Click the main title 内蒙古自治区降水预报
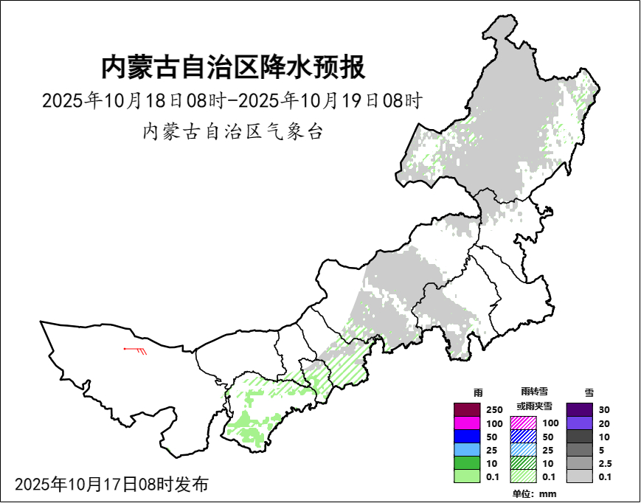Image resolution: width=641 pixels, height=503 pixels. [x=232, y=68]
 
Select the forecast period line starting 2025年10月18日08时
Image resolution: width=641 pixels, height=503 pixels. [x=232, y=100]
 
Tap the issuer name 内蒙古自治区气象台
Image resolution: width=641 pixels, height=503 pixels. [x=232, y=132]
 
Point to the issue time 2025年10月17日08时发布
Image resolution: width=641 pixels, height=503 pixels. [x=111, y=485]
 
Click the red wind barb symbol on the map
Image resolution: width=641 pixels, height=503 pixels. [x=136, y=350]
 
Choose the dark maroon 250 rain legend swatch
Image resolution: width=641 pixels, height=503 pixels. [x=467, y=409]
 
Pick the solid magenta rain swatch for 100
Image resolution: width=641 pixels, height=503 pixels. [x=467, y=423]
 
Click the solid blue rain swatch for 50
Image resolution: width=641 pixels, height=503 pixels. [x=467, y=437]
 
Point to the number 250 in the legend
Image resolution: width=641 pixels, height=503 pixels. [x=494, y=410]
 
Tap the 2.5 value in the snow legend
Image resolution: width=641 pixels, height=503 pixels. [x=606, y=464]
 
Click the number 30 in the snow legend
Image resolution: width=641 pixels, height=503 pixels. [x=605, y=410]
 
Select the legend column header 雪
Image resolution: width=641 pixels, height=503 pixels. [x=589, y=392]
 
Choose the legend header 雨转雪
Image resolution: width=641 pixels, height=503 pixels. [x=534, y=391]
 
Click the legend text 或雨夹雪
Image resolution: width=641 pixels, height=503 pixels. [x=534, y=406]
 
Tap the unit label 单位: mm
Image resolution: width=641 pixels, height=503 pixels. [x=534, y=493]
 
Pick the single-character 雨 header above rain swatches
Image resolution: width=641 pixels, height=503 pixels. [x=477, y=392]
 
